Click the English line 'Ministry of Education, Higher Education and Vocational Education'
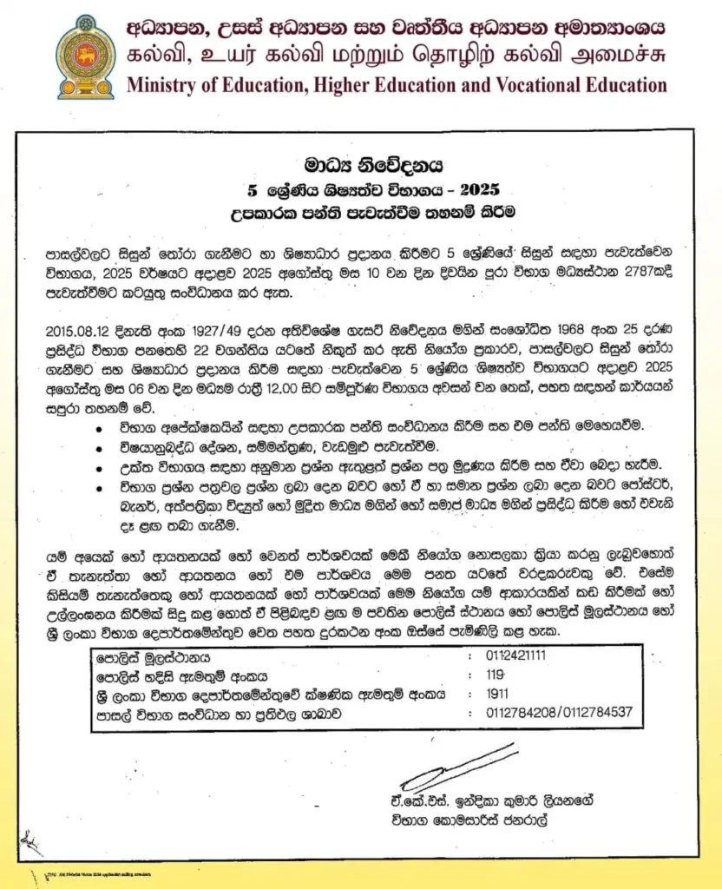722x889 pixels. (x=397, y=85)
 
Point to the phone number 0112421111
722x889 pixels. (x=517, y=655)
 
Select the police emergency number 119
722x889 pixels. (x=496, y=675)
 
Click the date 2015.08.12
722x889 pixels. (x=75, y=331)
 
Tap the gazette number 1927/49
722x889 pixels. (x=195, y=331)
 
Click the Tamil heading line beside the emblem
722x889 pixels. (x=397, y=56)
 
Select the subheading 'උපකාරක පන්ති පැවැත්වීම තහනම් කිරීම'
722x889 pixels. (x=361, y=210)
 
